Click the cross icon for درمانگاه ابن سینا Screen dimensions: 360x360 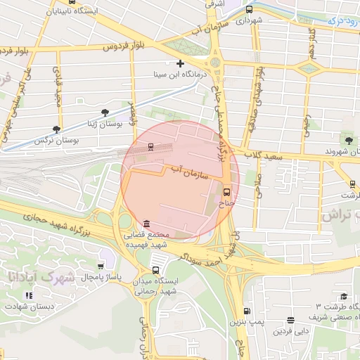(181, 64)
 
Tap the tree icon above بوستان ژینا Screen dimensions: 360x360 (105, 112)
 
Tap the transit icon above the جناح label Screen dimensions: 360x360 (226, 191)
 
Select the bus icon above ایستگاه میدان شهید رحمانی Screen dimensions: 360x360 (155, 269)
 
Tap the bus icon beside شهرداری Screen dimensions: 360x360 (250, 9)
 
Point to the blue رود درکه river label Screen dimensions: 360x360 (344, 21)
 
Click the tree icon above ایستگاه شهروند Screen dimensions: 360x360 (349, 141)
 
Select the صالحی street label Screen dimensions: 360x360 (258, 184)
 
